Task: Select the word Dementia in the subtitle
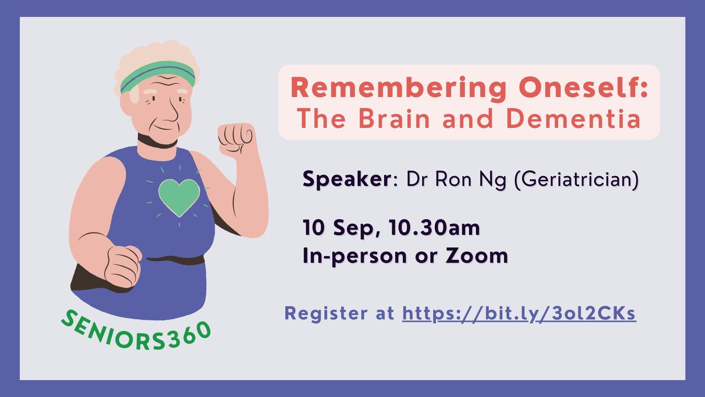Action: pos(574,118)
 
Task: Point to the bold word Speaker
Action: pos(347,180)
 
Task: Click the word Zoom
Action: pos(477,255)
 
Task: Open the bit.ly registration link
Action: pos(519,314)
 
